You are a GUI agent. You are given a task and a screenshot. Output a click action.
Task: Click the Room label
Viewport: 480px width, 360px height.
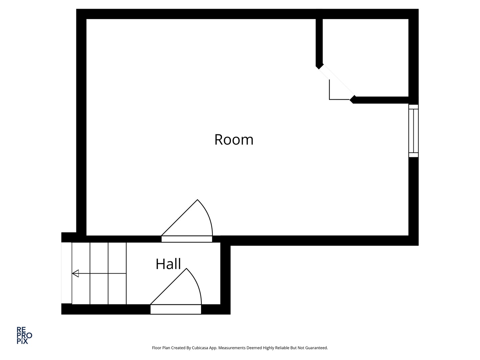pyautogui.click(x=234, y=140)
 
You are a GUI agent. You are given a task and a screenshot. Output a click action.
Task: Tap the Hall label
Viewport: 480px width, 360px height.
pyautogui.click(x=168, y=264)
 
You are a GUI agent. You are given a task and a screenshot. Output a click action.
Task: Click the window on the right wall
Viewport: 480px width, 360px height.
pyautogui.click(x=413, y=131)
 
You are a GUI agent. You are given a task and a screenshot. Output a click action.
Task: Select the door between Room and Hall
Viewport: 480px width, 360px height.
pyautogui.click(x=187, y=239)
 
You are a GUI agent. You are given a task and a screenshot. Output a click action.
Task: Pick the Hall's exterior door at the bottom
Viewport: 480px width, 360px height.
pyautogui.click(x=176, y=309)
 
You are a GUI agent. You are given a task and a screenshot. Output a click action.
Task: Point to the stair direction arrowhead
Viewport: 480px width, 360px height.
pyautogui.click(x=75, y=273)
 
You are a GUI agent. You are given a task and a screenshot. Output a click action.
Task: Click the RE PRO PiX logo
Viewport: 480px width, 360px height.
pyautogui.click(x=24, y=335)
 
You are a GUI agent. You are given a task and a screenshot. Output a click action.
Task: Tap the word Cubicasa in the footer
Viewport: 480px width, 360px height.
pyautogui.click(x=200, y=348)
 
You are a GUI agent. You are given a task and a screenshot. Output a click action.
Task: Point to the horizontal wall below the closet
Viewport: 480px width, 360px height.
pyautogui.click(x=381, y=100)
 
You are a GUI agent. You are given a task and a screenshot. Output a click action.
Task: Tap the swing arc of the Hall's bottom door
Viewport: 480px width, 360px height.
pyautogui.click(x=197, y=284)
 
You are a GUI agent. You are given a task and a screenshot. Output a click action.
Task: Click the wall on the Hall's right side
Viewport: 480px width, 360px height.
pyautogui.click(x=225, y=278)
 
